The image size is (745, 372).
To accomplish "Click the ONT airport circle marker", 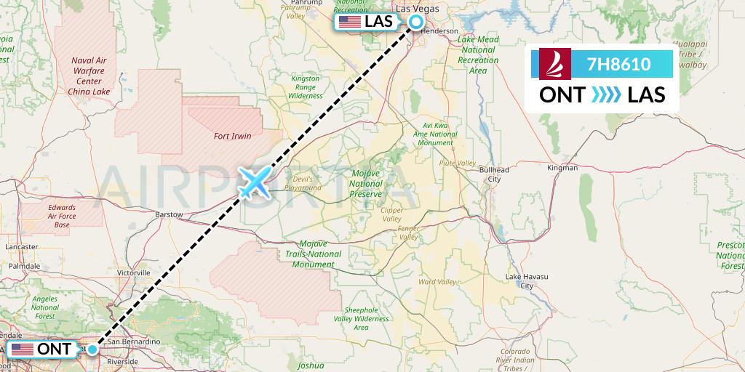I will pyautogui.click(x=92, y=349).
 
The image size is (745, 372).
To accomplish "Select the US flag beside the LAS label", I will pyautogui.click(x=350, y=22).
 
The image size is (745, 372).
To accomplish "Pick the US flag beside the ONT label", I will pyautogui.click(x=23, y=349).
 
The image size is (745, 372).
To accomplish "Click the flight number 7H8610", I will pyautogui.click(x=618, y=64).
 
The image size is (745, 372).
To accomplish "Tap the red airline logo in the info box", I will pyautogui.click(x=556, y=64).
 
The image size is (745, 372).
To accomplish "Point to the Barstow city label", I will pyautogui.click(x=170, y=215).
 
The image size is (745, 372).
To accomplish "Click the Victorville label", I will pyautogui.click(x=133, y=272).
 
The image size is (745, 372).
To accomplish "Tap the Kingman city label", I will pyautogui.click(x=562, y=168).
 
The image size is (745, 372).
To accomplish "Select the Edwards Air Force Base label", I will pyautogui.click(x=62, y=217).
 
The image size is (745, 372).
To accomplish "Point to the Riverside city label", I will pyautogui.click(x=122, y=361).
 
